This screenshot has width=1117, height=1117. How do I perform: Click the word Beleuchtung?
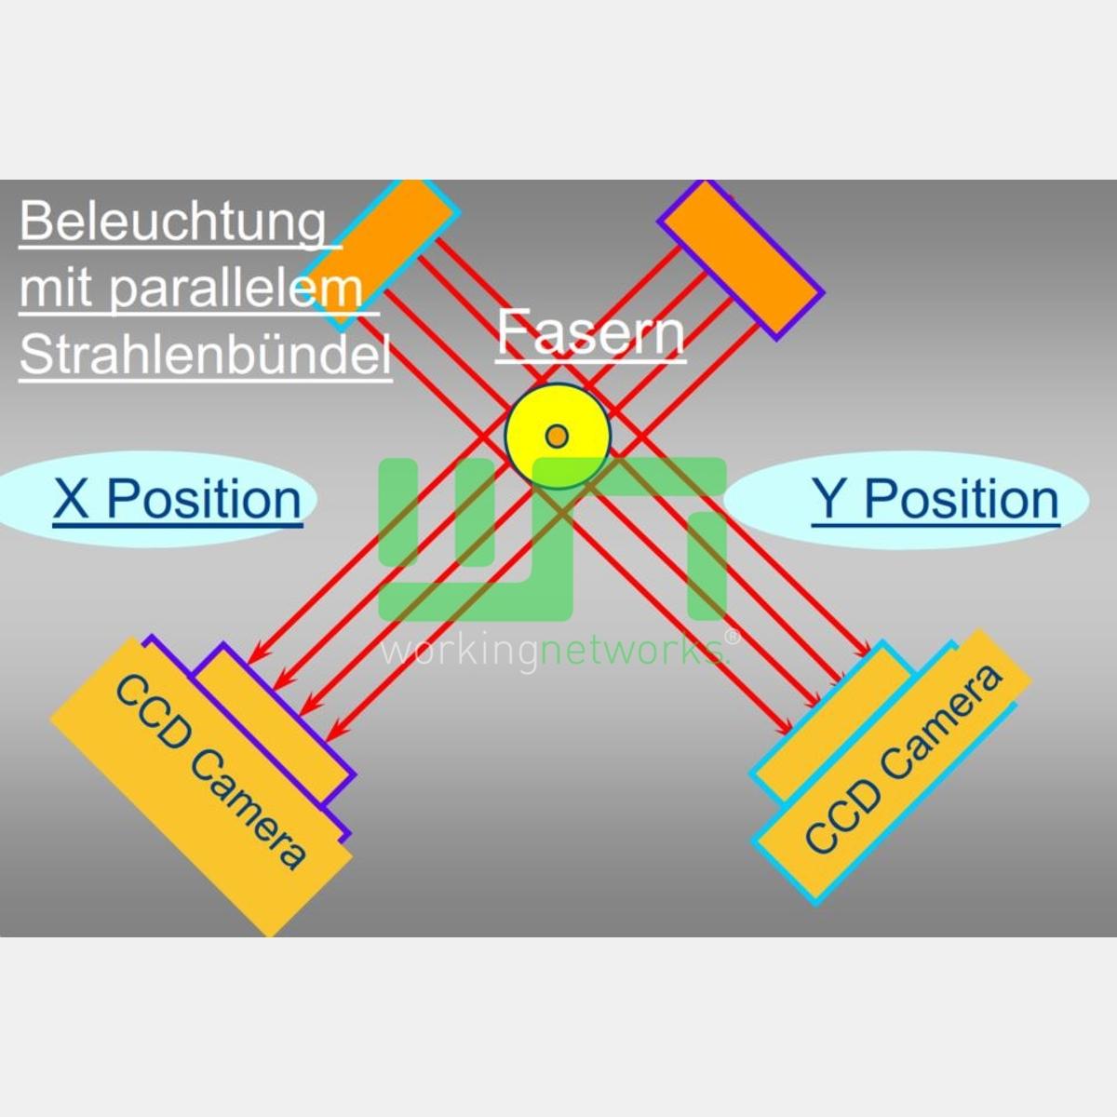pyautogui.click(x=173, y=222)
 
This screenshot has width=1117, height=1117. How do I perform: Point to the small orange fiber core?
pyautogui.click(x=557, y=436)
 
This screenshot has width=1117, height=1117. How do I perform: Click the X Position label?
pyautogui.click(x=178, y=499)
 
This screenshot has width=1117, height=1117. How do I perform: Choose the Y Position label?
pyautogui.click(x=935, y=499)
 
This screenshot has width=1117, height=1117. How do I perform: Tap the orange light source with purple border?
pyautogui.click(x=741, y=259)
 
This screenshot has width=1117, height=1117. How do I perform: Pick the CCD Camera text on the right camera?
pyautogui.click(x=903, y=760)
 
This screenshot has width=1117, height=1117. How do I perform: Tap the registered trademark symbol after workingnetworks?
pyautogui.click(x=733, y=639)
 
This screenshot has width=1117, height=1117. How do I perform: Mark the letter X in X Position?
pyautogui.click(x=72, y=499)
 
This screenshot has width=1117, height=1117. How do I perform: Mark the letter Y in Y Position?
pyautogui.click(x=829, y=499)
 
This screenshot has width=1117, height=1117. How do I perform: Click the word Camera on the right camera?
pyautogui.click(x=941, y=721)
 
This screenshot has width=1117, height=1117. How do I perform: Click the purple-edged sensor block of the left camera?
pyautogui.click(x=274, y=724)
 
